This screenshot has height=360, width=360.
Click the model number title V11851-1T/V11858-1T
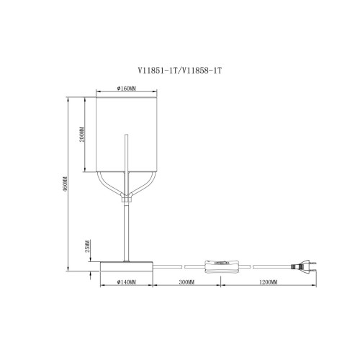pyautogui.click(x=179, y=71)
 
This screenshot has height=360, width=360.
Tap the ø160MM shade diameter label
pyautogui.click(x=127, y=89)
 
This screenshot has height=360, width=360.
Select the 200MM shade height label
pyautogui.click(x=82, y=135)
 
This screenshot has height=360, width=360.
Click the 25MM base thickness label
pyautogui.click(x=87, y=246)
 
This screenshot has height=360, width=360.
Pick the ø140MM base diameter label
pyautogui.click(x=127, y=282)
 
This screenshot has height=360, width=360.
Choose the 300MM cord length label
pyautogui.click(x=186, y=282)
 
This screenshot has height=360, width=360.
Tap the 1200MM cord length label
pyautogui.click(x=268, y=282)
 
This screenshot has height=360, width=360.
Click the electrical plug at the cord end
pyautogui.click(x=304, y=266)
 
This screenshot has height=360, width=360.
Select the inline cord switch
pyautogui.click(x=222, y=266)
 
